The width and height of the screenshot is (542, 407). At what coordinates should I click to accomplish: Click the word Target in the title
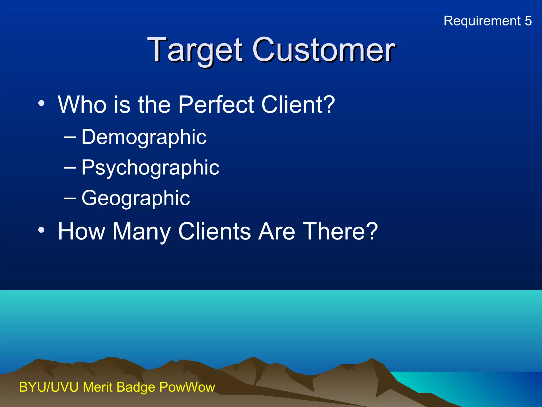point(195,50)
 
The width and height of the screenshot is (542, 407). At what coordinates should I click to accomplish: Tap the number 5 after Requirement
point(528,21)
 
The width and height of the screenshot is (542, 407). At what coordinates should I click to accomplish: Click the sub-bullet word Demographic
point(144,137)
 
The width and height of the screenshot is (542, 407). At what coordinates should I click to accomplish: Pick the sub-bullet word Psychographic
point(150,168)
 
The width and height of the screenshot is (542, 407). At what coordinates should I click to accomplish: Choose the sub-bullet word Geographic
point(135,198)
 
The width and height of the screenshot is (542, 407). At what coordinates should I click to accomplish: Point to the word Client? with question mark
point(298,105)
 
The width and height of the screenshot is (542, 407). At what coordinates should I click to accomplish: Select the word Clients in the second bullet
point(214,231)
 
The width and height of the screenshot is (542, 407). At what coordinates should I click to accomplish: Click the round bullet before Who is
point(41,103)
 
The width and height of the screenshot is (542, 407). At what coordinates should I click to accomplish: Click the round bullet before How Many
point(41,230)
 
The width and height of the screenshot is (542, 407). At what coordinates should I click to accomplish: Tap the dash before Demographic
point(70,137)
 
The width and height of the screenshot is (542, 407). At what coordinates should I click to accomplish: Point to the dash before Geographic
point(70,198)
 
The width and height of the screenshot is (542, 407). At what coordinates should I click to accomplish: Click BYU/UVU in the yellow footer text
point(49,387)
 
